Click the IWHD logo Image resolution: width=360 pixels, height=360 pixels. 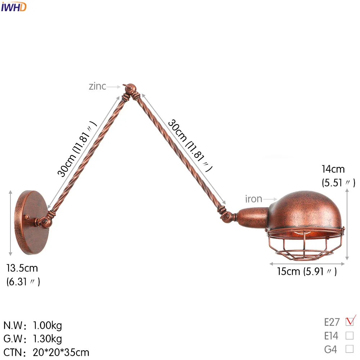tap(14, 7)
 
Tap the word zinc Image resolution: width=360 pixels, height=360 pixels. tap(97, 86)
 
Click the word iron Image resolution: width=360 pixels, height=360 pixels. tap(253, 199)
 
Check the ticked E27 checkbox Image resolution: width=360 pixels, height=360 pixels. tap(350, 322)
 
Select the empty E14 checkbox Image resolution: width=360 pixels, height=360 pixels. tap(350, 336)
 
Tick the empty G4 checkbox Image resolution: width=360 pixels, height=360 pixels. tap(350, 349)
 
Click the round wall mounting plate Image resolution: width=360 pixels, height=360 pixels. tap(32, 222)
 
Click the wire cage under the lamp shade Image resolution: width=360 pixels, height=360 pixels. tap(305, 244)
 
